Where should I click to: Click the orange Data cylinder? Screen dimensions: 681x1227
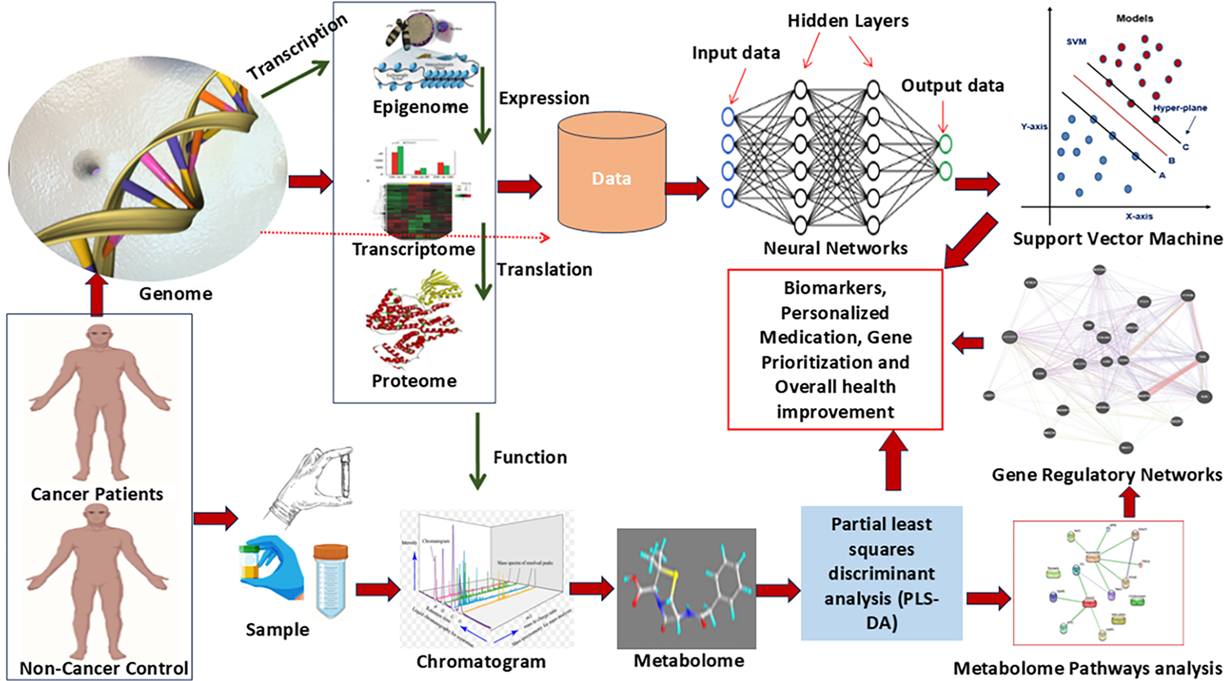click(611, 178)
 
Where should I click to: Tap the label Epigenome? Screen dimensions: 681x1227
click(420, 107)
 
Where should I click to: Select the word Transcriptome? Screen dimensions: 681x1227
click(413, 249)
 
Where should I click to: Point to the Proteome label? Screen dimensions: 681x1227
click(414, 381)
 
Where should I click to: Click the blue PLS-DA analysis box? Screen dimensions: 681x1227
click(882, 573)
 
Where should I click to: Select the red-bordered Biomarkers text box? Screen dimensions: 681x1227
click(835, 349)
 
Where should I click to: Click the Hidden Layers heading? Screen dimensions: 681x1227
click(847, 21)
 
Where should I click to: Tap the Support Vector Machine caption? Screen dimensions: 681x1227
click(1117, 239)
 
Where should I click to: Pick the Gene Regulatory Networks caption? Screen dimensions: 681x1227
click(1107, 475)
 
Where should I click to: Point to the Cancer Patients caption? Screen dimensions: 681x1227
click(97, 494)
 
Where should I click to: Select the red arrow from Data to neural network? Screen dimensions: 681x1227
click(686, 188)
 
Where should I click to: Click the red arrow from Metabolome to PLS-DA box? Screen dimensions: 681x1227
click(778, 590)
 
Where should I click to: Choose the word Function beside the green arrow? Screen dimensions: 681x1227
click(530, 458)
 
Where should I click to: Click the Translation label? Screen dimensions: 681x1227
click(544, 269)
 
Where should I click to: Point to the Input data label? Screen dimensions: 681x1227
click(736, 53)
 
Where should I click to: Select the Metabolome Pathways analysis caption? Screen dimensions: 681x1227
click(1088, 669)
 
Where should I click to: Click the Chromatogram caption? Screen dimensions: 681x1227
click(481, 662)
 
